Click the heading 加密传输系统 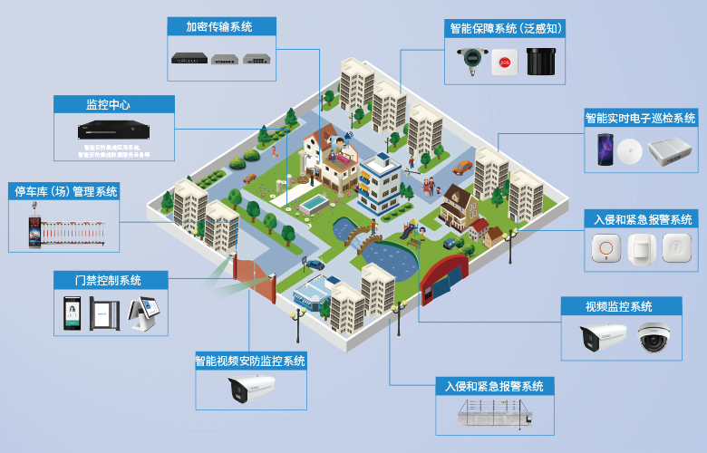221,26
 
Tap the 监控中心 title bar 113,104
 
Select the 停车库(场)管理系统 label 64,191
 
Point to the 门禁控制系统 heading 109,280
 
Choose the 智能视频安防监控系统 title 251,361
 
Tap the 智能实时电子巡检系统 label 641,118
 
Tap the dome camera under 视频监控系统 653,338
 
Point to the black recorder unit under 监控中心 113,130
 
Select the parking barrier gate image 65,227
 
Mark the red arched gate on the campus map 444,275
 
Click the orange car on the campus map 463,167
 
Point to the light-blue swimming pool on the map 311,204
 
